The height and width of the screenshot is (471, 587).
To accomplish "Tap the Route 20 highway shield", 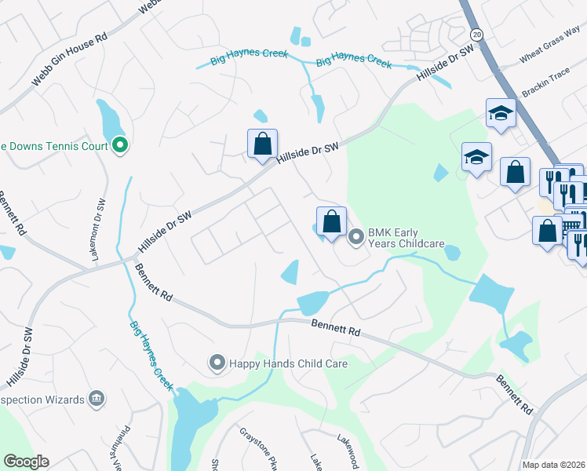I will coord(476,35).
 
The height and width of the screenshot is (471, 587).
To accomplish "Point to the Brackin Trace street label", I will coord(546,89).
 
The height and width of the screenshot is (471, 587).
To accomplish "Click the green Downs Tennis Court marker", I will coord(120,145).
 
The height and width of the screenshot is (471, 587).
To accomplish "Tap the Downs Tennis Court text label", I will coord(55,145).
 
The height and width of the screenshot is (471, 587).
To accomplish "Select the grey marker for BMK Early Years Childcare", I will coord(356,235).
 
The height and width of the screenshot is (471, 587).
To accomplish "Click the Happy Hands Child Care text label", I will coord(288,363).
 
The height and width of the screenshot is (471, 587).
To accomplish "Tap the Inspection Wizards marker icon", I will coord(97,399).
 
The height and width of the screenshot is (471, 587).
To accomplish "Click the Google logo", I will coord(26,462).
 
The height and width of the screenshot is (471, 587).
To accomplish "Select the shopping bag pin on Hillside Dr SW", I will coord(262,144).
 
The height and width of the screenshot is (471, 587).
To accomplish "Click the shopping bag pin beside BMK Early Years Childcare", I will coord(331,221).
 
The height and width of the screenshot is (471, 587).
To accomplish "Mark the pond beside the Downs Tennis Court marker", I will coord(109,121).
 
